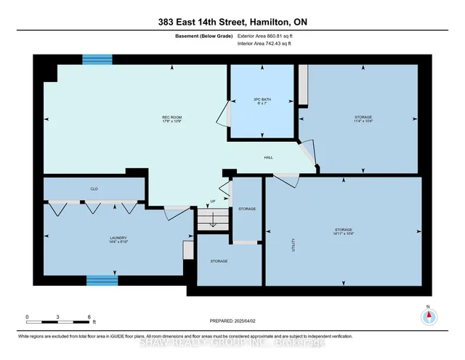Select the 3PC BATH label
click(x=262, y=100)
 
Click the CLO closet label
click(x=94, y=188)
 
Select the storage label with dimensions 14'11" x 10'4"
click(x=344, y=231)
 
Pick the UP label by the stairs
click(x=213, y=201)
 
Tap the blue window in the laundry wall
click(x=102, y=279)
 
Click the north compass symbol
click(x=428, y=316)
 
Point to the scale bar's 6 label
click(x=88, y=317)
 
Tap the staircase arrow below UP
click(x=212, y=220)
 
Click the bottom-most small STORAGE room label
click(x=219, y=261)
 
